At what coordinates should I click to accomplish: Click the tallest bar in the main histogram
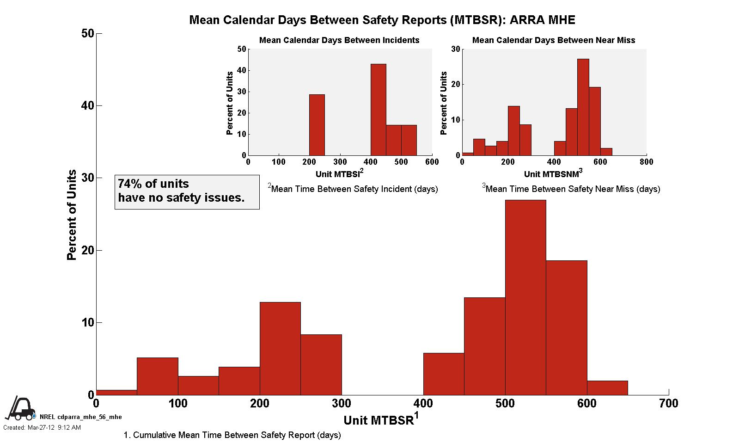[525, 297]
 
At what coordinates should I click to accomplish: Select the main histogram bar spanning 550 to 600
[566, 327]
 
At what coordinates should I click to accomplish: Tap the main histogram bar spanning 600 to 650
[607, 388]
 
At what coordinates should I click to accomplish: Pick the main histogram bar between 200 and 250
[280, 348]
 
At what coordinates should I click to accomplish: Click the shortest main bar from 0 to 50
[116, 392]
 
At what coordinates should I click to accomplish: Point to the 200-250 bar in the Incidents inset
[317, 125]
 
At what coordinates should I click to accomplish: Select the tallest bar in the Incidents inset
[378, 110]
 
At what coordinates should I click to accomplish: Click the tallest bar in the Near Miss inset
[583, 107]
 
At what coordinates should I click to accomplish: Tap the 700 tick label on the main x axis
[668, 404]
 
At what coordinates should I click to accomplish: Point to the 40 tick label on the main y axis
[87, 106]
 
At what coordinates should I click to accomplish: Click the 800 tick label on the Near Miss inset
[646, 161]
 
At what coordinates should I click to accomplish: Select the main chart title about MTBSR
[382, 20]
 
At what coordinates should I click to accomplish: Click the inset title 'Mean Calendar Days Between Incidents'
[339, 40]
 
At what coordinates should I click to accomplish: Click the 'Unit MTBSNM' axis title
[553, 174]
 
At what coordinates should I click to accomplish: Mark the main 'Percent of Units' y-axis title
[72, 215]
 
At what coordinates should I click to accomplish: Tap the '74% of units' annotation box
[187, 191]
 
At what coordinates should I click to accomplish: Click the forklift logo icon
[20, 409]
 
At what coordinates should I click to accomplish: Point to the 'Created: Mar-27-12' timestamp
[42, 428]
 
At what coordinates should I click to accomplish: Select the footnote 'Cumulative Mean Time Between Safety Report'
[232, 435]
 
